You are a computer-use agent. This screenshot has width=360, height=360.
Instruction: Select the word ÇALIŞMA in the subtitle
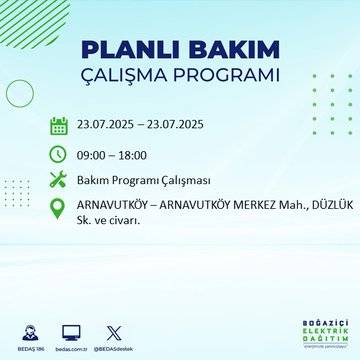point(135,76)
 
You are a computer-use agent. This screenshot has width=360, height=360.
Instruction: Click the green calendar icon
point(58,125)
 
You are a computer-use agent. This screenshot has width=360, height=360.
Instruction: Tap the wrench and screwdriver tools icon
point(58,180)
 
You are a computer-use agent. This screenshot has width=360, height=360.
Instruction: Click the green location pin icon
point(58,208)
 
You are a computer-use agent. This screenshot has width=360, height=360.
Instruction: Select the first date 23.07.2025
point(113,126)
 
